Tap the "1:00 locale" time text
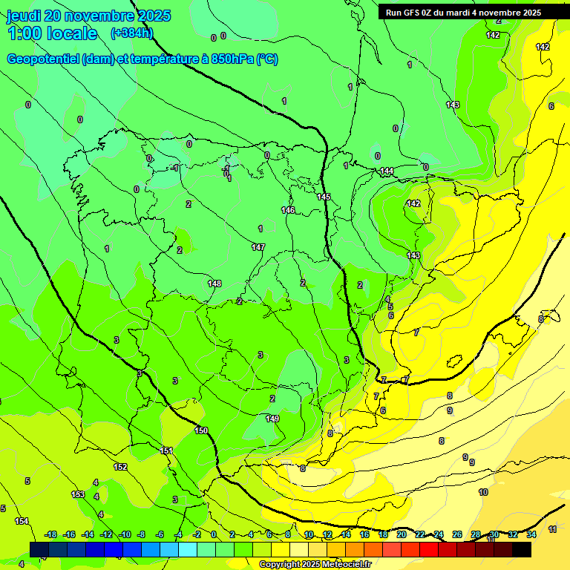point(53,33)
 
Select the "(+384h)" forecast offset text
point(131,33)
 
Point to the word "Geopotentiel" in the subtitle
point(43,59)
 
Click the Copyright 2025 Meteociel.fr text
point(315,565)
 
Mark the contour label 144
point(387,171)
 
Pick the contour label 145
point(324,197)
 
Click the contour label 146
point(288,210)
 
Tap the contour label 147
point(258,247)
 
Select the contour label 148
point(214,284)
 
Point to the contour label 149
point(272,419)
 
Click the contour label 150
point(201,430)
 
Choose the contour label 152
point(120,467)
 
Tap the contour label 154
point(22,521)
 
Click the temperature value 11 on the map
point(552,529)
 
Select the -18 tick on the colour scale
point(50,534)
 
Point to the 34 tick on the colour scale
point(531,534)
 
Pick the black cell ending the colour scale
point(522,549)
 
